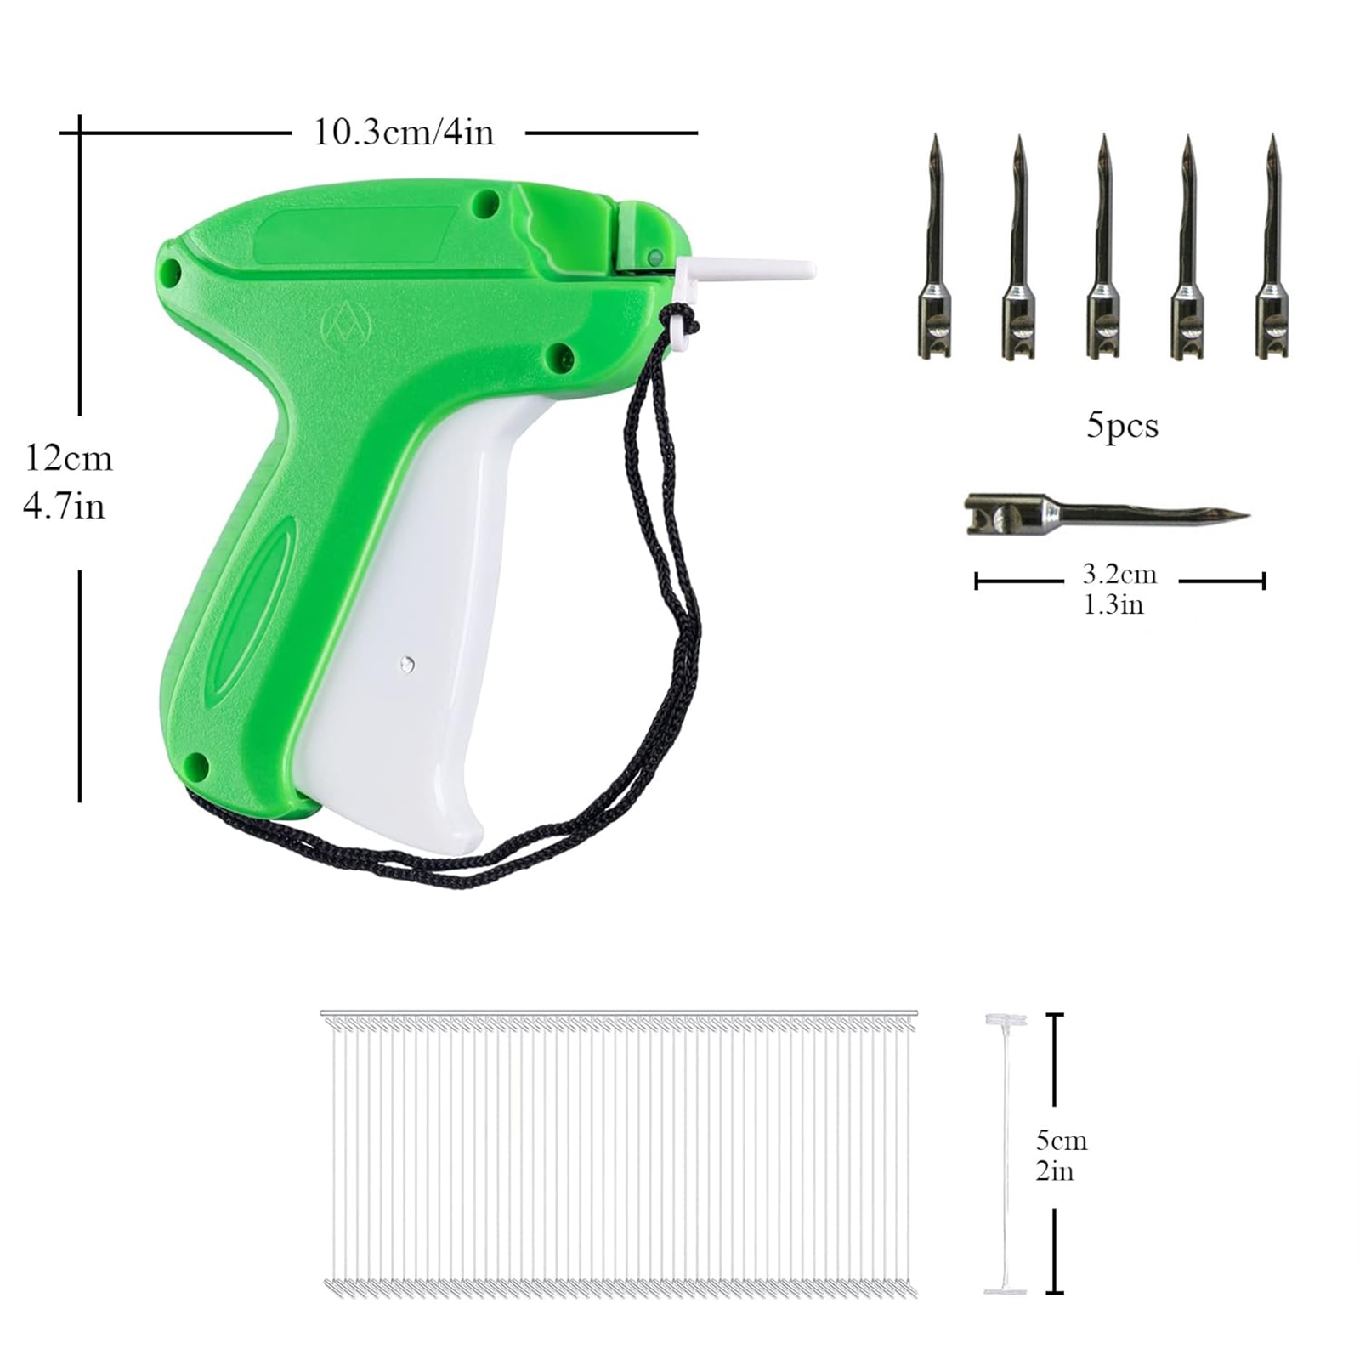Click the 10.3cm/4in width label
click(x=404, y=133)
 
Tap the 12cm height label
click(x=68, y=458)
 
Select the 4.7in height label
click(x=64, y=507)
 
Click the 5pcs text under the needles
click(x=1122, y=425)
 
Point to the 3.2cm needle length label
click(x=1119, y=575)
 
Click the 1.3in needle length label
click(x=1113, y=605)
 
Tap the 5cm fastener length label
click(x=1062, y=1140)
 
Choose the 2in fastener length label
click(x=1055, y=1171)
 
